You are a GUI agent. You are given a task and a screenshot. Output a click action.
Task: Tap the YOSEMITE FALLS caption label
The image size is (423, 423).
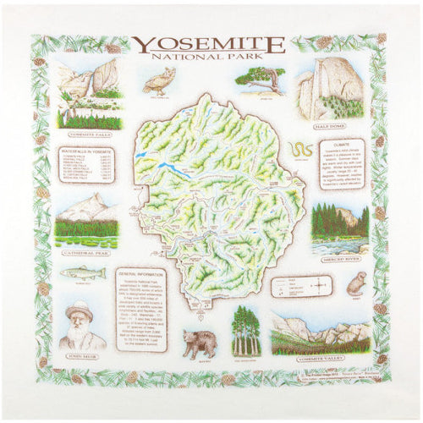88,135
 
